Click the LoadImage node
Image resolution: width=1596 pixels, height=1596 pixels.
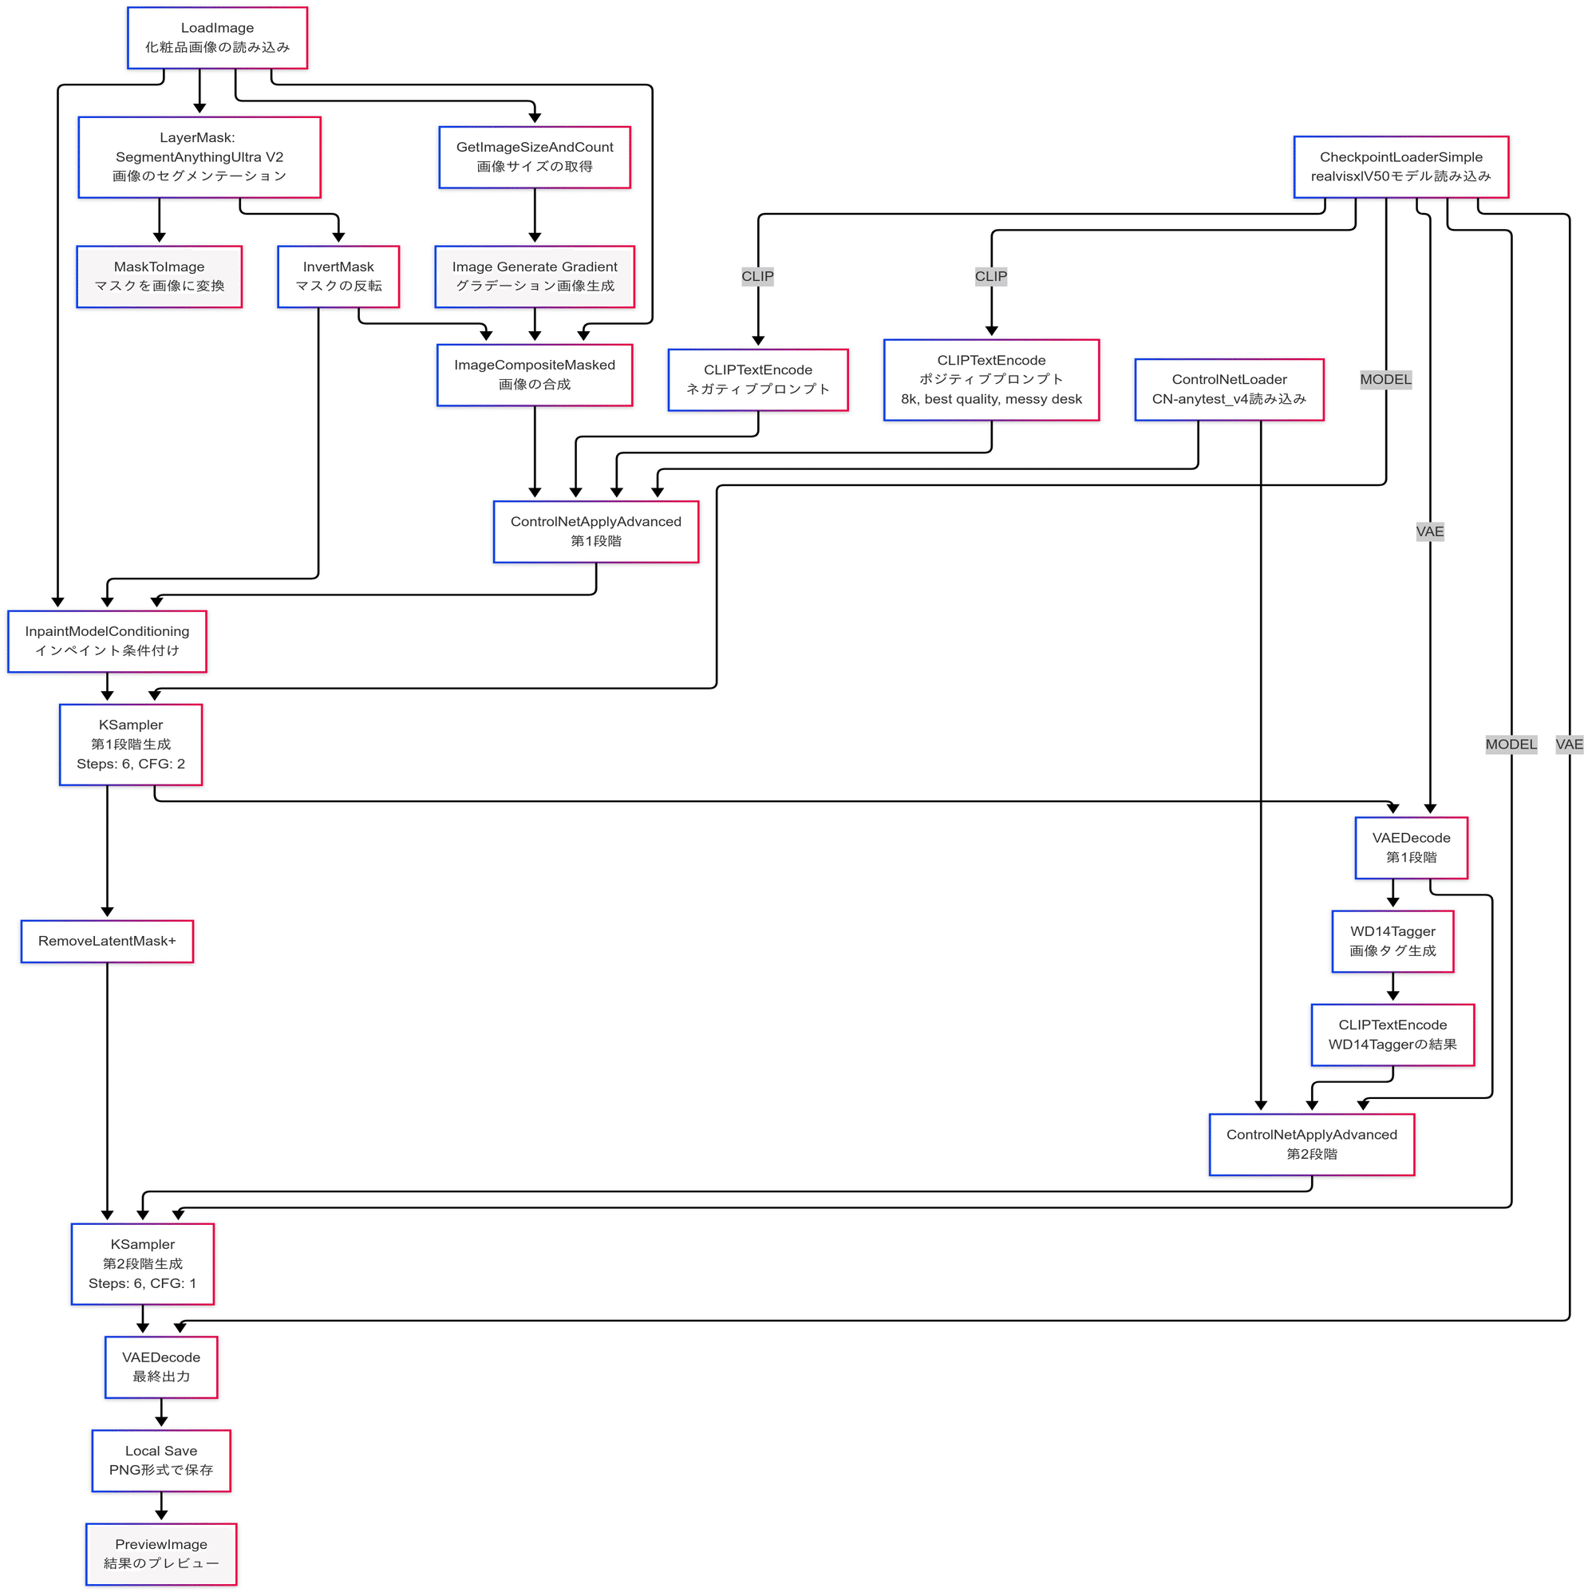(x=217, y=38)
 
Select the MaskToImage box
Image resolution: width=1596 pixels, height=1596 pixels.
(x=160, y=277)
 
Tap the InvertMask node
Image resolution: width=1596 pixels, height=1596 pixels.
(x=338, y=277)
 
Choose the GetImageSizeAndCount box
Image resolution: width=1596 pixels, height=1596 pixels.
(x=535, y=157)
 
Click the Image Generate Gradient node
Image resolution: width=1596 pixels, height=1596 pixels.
(x=535, y=277)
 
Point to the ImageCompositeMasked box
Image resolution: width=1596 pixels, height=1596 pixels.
(x=535, y=375)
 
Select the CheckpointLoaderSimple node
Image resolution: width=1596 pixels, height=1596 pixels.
(x=1401, y=167)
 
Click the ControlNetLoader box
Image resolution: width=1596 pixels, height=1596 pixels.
(x=1229, y=390)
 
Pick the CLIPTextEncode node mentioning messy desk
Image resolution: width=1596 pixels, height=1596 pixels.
(x=991, y=380)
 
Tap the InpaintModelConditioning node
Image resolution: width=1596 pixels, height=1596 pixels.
(x=108, y=641)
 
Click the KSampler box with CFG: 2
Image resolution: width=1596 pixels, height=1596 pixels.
(x=131, y=745)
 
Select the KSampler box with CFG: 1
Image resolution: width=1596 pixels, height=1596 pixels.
(x=143, y=1264)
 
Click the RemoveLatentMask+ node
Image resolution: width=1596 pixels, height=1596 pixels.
(x=108, y=941)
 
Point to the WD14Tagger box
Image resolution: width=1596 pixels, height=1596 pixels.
(x=1393, y=941)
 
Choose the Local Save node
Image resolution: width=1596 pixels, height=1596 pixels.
(x=161, y=1460)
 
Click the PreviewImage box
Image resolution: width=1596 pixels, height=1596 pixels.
(x=161, y=1554)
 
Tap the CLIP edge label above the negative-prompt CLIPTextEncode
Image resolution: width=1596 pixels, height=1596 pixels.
(x=757, y=277)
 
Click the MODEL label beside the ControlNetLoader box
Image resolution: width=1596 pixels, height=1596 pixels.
(x=1385, y=380)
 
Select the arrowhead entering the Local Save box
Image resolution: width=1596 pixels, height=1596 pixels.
(x=161, y=1422)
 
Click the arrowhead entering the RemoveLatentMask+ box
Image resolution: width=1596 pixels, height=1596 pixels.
(x=108, y=912)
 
